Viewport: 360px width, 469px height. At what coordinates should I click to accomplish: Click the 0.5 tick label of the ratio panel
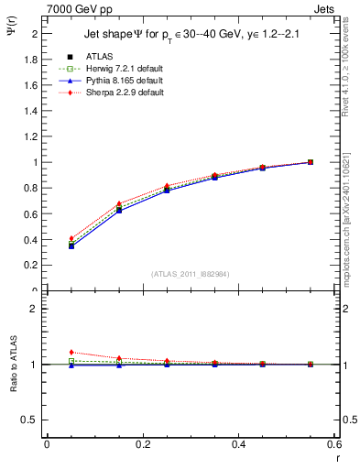[29, 420]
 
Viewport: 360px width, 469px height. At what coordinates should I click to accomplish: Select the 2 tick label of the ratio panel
[33, 309]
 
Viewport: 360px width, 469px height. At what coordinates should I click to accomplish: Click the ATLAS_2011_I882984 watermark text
[191, 273]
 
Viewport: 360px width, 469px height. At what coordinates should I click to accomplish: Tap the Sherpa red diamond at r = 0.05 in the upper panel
[71, 238]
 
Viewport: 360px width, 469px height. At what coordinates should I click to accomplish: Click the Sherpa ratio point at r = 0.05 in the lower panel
[71, 352]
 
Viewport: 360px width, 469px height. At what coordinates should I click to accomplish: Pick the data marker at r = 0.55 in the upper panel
[310, 162]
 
